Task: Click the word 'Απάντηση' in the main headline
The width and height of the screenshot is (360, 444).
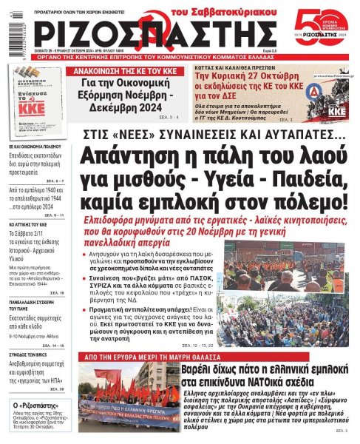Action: click(133, 159)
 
